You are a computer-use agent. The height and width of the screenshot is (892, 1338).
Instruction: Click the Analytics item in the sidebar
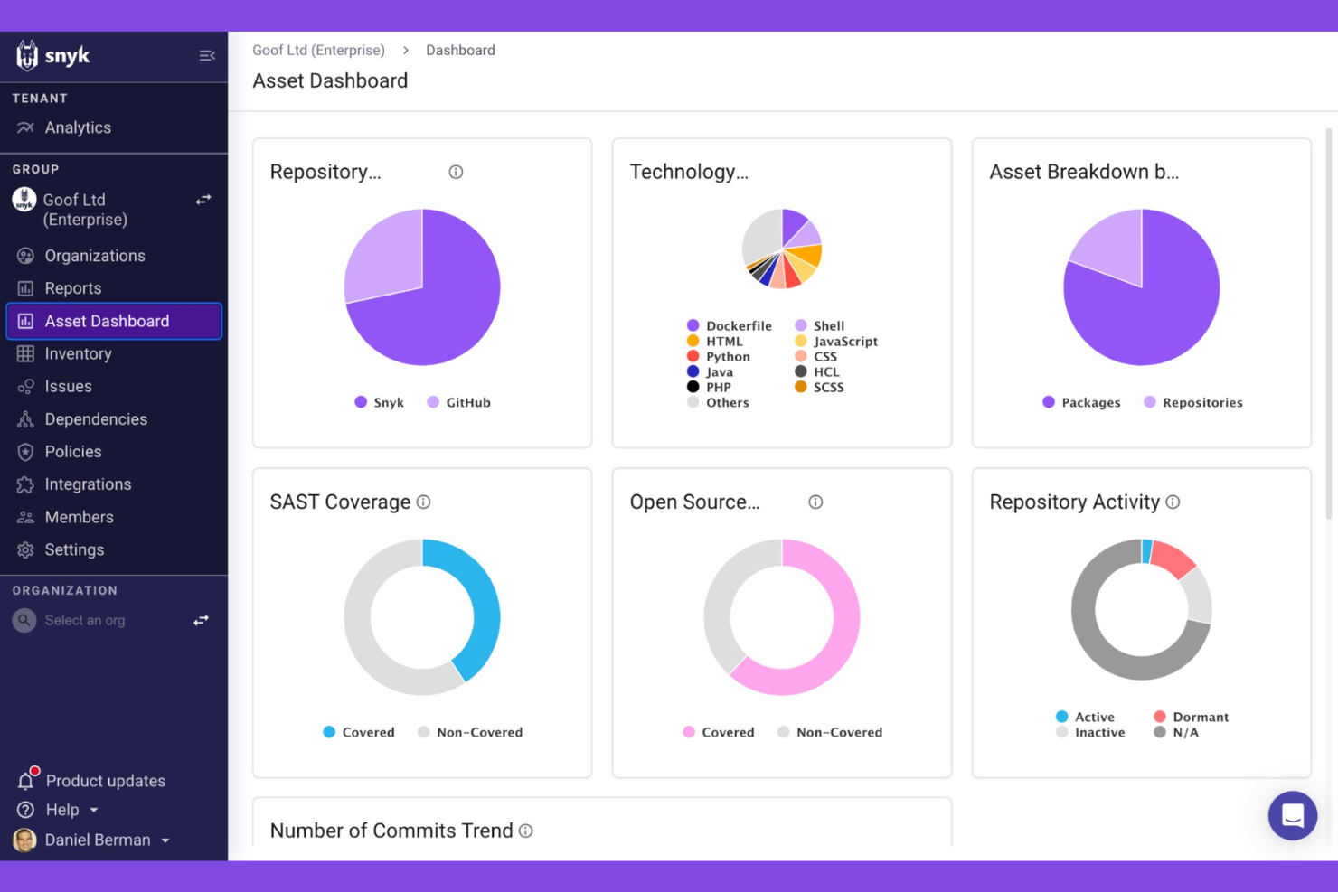pyautogui.click(x=77, y=127)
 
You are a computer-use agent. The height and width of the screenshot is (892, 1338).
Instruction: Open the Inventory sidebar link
pyautogui.click(x=78, y=353)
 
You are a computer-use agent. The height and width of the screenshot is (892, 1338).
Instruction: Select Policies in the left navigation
pyautogui.click(x=72, y=452)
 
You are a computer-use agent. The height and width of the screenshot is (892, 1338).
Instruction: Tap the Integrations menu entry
pyautogui.click(x=88, y=484)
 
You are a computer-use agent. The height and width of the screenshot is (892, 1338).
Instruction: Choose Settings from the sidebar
pyautogui.click(x=74, y=549)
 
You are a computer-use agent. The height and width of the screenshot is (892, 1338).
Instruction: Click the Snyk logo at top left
pyautogui.click(x=52, y=56)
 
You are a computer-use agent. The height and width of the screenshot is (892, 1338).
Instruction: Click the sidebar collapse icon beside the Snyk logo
pyautogui.click(x=207, y=56)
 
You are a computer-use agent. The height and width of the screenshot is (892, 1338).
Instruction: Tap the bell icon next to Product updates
pyautogui.click(x=26, y=780)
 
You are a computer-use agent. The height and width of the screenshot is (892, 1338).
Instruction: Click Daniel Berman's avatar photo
pyautogui.click(x=24, y=840)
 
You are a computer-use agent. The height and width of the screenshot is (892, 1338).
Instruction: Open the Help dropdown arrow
pyautogui.click(x=94, y=811)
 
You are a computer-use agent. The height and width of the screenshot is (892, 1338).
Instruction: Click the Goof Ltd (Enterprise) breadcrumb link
pyautogui.click(x=318, y=51)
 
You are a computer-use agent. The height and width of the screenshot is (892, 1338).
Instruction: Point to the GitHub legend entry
pyautogui.click(x=459, y=402)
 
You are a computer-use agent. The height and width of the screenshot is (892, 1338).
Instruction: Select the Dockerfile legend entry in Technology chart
pyautogui.click(x=729, y=325)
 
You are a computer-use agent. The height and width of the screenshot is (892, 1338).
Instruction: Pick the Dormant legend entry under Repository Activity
pyautogui.click(x=1191, y=717)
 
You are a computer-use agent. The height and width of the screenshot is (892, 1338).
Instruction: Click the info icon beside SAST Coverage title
pyautogui.click(x=423, y=502)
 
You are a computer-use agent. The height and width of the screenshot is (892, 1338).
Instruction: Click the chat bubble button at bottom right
pyautogui.click(x=1292, y=815)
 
